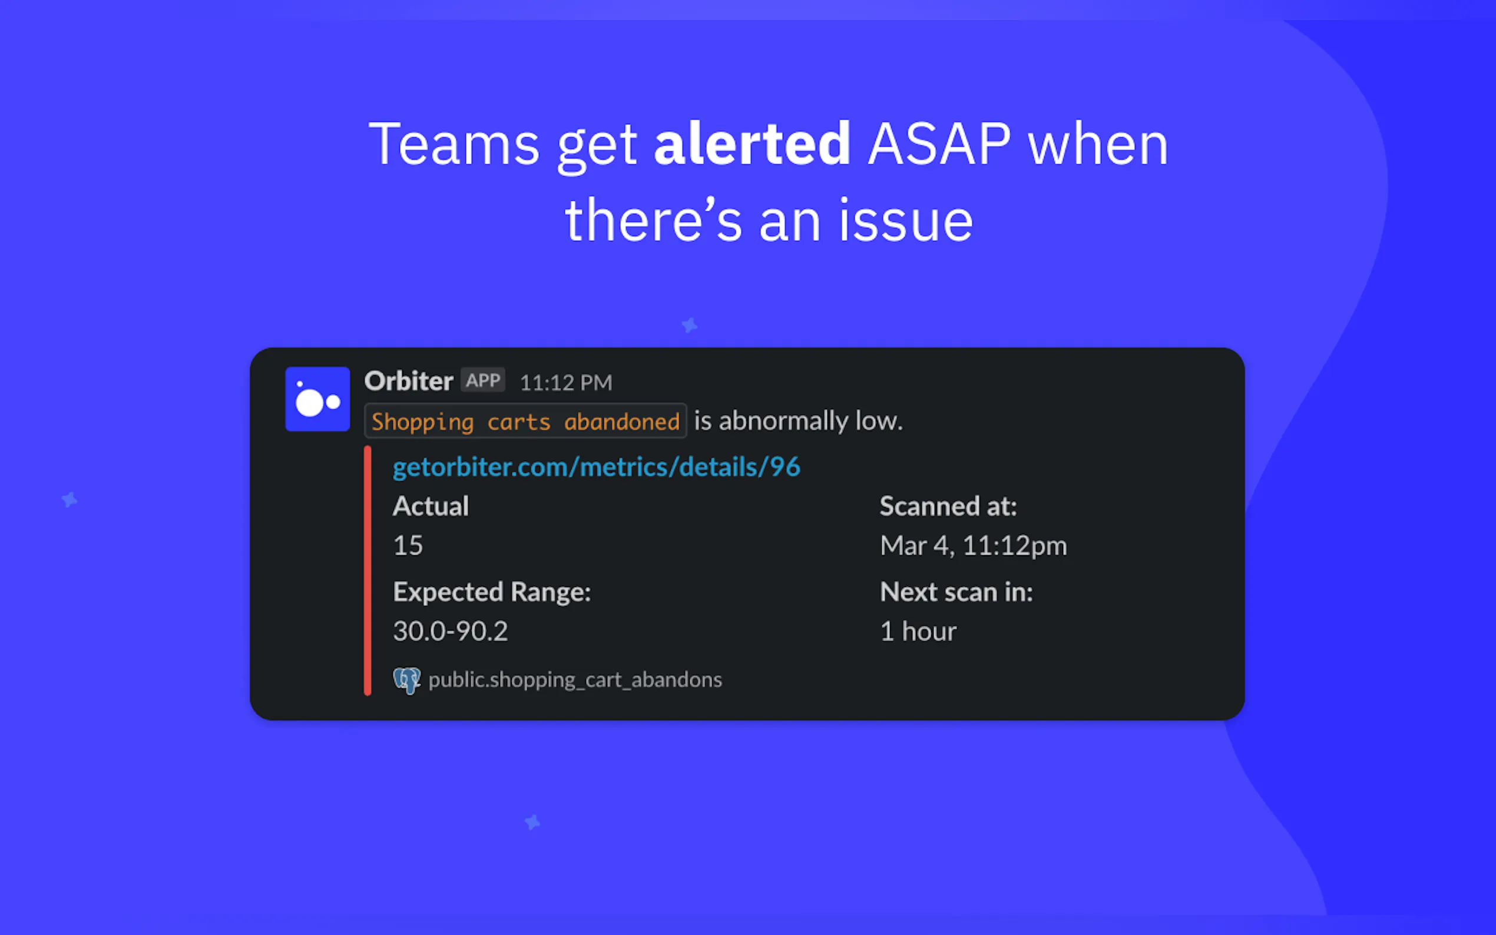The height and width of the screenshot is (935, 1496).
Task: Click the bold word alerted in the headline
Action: coord(752,144)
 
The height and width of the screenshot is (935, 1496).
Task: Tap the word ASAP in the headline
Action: coord(939,144)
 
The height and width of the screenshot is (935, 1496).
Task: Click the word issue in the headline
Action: coord(906,221)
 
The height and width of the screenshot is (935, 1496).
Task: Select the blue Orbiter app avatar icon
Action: coord(317,399)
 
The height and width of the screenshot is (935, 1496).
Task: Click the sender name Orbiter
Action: coord(409,381)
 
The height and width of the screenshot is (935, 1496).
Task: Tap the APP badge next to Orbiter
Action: coord(483,380)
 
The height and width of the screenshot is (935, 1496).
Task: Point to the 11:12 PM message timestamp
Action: coord(566,383)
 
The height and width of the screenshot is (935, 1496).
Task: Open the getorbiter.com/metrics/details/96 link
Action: coord(597,467)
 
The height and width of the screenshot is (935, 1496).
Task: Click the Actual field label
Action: coord(431,506)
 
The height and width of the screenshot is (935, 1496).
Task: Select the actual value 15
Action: coord(408,545)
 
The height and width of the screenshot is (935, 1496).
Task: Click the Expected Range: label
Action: coord(492,592)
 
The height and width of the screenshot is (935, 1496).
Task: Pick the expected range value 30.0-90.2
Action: coord(451,631)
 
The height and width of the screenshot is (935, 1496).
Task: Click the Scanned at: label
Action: coord(949,506)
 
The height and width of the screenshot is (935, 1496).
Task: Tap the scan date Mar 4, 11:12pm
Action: coord(974,545)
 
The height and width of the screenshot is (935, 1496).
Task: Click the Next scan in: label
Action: coord(956,592)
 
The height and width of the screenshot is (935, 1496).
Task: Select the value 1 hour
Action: coord(918,631)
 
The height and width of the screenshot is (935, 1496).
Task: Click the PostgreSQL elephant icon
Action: coord(407,680)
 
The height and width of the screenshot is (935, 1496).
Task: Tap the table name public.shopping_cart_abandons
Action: coord(575,679)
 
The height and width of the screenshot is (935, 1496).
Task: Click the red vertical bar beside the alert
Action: coord(368,571)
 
